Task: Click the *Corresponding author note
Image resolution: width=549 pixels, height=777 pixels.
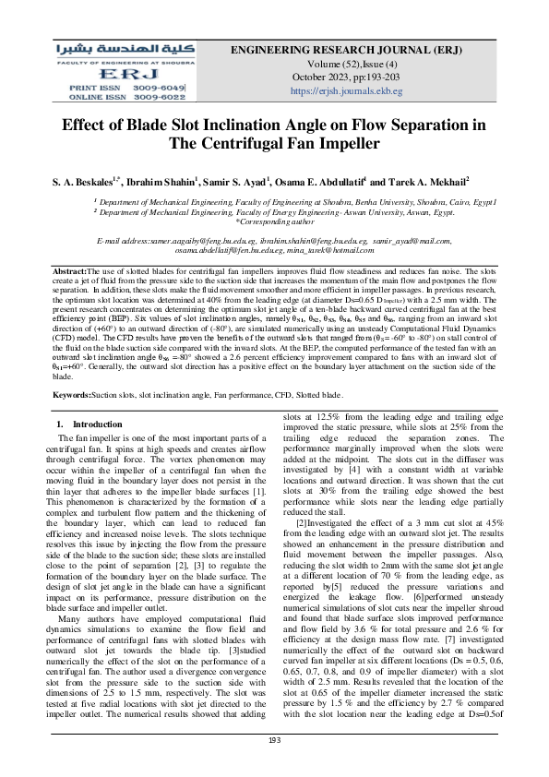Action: [x=273, y=221]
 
